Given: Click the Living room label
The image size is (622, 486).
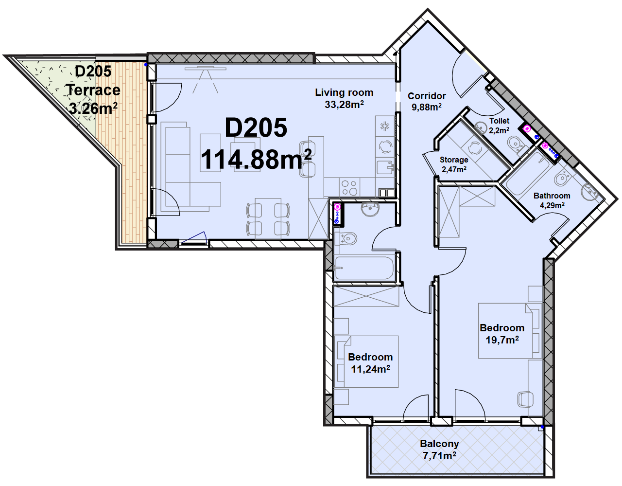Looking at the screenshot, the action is (344, 92).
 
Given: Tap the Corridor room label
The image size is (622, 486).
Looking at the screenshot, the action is (427, 96).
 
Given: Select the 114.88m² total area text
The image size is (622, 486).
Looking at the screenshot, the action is (256, 160).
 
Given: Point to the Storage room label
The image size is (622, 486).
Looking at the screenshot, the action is (454, 160).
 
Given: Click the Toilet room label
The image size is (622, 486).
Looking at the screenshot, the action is (499, 121).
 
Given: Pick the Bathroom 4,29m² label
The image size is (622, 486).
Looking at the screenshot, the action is (552, 200).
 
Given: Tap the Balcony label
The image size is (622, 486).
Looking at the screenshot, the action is (439, 444).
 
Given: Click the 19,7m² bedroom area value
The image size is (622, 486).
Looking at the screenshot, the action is (502, 340).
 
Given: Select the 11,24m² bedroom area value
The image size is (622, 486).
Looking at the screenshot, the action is (370, 369).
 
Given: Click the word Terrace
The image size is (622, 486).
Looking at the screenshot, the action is (94, 90).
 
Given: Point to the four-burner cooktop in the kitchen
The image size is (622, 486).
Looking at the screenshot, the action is (349, 187).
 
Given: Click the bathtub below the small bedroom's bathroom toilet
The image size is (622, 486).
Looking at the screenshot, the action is (364, 268).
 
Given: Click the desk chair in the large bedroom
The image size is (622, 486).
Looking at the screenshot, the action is (525, 399).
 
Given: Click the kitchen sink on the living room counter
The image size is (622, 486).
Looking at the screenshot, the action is (385, 168).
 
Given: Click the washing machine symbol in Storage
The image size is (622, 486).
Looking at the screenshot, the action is (475, 149).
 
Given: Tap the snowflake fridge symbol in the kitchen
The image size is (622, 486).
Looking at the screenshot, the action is (385, 126).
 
